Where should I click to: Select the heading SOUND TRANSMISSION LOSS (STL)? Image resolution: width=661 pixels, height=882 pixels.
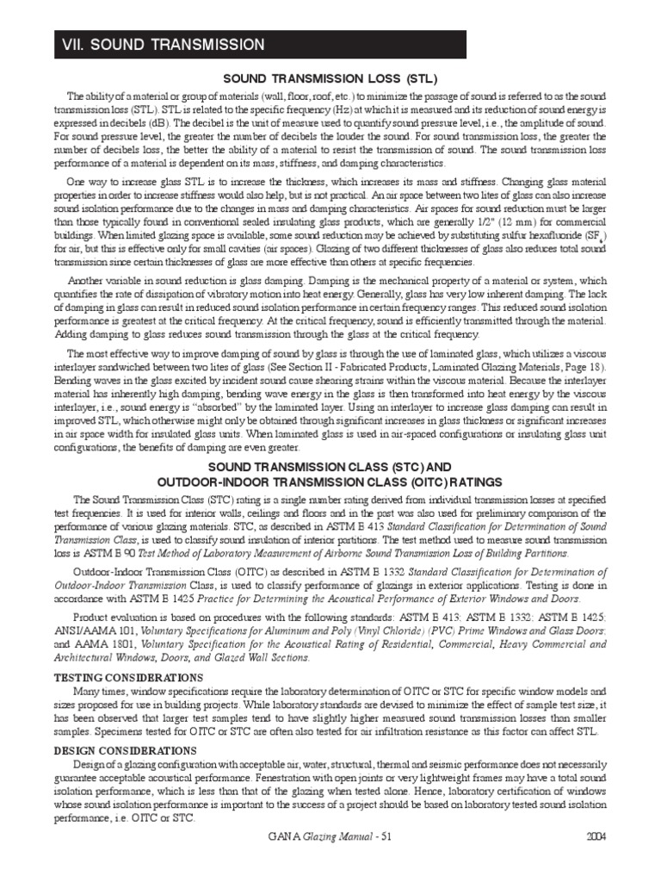[x=331, y=78]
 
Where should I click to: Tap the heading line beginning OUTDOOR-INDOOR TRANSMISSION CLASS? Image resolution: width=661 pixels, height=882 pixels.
[x=331, y=481]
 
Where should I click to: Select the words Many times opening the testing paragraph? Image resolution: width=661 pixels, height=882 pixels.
[x=102, y=692]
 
